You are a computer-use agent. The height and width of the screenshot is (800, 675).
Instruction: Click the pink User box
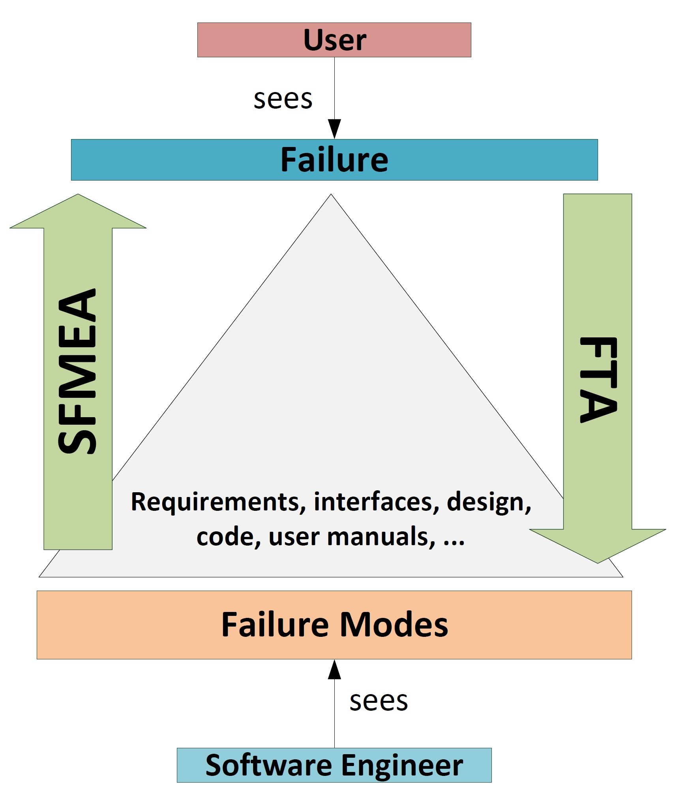[334, 40]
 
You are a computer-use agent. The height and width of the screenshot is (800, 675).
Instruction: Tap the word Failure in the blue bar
[334, 160]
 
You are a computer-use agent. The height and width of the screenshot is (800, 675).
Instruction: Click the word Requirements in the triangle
[218, 502]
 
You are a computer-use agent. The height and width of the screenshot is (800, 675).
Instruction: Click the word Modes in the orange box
[394, 625]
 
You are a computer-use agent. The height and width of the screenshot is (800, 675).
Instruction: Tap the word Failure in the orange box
[275, 625]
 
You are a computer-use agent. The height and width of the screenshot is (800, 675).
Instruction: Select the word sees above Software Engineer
[378, 701]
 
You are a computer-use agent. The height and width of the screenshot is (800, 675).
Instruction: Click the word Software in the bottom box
[268, 765]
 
